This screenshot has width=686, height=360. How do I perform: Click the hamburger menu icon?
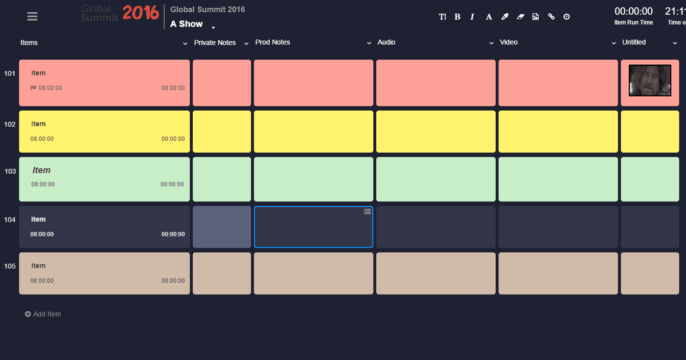(32, 16)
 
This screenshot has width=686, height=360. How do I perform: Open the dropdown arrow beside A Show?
(213, 27)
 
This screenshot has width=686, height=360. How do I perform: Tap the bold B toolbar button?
(457, 17)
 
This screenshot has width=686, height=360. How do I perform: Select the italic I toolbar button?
(472, 17)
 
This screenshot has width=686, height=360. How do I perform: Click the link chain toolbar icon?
(551, 17)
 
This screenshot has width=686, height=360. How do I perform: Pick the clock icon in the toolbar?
(567, 17)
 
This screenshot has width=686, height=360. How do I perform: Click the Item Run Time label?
(634, 22)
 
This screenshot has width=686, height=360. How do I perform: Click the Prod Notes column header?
(273, 43)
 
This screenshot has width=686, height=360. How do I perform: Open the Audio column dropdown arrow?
(492, 44)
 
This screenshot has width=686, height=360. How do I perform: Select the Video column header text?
(509, 43)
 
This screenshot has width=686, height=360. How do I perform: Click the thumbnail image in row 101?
(650, 81)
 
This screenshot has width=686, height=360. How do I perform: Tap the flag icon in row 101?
(33, 88)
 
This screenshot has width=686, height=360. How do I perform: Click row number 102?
(10, 124)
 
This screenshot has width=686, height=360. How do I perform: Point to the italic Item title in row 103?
(42, 170)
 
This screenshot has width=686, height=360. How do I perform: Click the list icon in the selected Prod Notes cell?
(367, 212)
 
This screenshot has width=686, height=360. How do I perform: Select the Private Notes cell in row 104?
(222, 227)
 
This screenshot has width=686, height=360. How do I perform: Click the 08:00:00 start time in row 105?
(42, 281)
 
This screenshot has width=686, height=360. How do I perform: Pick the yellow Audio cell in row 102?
(435, 132)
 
